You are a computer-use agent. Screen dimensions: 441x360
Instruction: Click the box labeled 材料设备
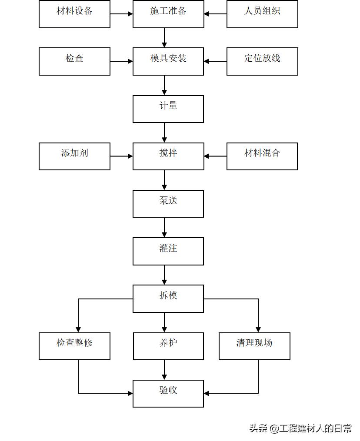[74, 14]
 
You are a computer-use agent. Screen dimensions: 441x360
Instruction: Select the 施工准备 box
[168, 14]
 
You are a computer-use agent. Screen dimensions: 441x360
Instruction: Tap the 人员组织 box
[262, 14]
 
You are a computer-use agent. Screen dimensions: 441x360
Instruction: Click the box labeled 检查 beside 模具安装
[74, 61]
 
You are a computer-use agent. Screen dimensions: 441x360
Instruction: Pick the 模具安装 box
[168, 61]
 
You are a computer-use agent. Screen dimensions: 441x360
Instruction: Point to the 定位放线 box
[262, 61]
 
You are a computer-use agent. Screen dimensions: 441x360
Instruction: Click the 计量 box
[168, 109]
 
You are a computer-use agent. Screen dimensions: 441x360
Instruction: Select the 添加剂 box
[74, 156]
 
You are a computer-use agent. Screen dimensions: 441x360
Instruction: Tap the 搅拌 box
[168, 156]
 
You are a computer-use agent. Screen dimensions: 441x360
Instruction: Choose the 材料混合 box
[262, 156]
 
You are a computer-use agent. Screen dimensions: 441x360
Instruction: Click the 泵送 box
[168, 203]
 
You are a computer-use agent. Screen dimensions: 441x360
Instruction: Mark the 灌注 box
[168, 251]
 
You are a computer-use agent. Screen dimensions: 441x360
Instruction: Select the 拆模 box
[168, 298]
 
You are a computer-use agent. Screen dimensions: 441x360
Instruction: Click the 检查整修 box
[74, 346]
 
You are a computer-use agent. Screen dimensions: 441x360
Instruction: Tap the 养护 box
[168, 346]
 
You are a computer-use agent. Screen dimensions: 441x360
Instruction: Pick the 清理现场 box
[254, 346]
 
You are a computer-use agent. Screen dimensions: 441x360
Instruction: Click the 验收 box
[168, 393]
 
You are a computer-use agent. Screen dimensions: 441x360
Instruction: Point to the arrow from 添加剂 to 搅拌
[121, 156]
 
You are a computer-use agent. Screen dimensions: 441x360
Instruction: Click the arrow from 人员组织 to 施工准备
[215, 14]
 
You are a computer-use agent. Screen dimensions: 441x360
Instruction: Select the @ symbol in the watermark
[274, 428]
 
